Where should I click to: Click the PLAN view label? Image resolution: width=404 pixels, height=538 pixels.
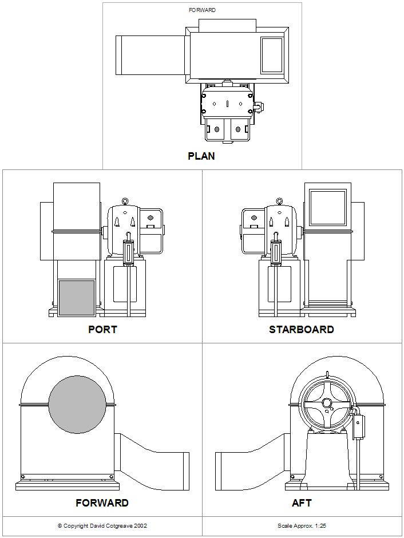click(201, 156)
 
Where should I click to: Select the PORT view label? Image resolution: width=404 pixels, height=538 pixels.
click(102, 330)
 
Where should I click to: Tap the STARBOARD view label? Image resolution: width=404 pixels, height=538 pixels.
click(302, 330)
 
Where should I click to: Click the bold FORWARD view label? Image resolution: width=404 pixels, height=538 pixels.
click(102, 503)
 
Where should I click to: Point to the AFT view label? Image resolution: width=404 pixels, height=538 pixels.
click(302, 503)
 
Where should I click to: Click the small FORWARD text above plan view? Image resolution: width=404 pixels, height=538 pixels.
click(202, 10)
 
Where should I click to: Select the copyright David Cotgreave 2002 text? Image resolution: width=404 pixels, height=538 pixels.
click(102, 525)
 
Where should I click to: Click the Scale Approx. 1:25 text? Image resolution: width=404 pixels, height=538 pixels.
click(302, 525)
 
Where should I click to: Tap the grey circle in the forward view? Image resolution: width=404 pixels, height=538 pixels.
click(77, 405)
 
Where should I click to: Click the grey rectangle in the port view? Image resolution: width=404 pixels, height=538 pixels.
click(77, 298)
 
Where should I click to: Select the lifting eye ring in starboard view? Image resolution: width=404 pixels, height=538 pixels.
click(279, 201)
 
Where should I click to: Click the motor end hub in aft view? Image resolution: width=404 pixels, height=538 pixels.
click(327, 403)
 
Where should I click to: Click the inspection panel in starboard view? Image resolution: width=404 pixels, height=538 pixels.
click(328, 207)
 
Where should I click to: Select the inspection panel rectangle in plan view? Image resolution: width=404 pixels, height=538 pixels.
click(272, 55)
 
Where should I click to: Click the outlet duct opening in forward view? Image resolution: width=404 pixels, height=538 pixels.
click(185, 471)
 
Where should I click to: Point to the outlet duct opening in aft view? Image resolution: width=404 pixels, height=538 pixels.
click(219, 471)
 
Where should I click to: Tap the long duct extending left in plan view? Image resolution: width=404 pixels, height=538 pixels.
click(150, 55)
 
